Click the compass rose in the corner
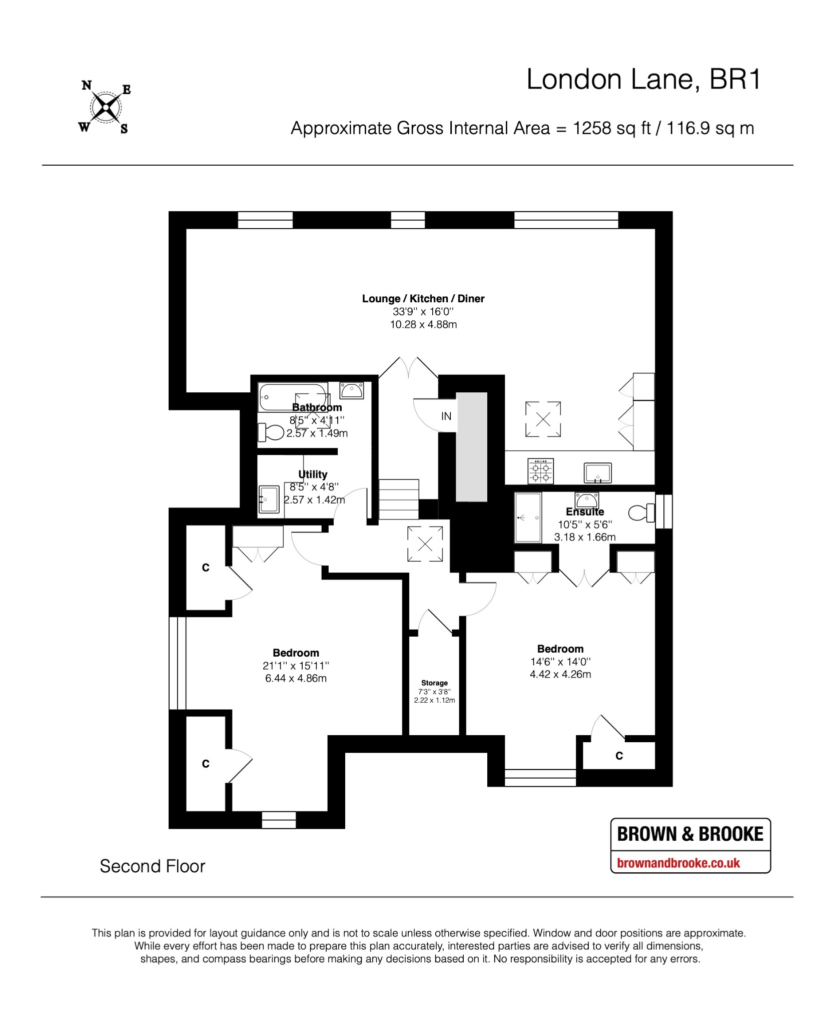106,107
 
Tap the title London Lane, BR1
643,80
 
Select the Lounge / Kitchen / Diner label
423,299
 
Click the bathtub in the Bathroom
293,397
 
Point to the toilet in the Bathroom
271,431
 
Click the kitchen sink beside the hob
598,472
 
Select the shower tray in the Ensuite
528,518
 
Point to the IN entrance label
446,416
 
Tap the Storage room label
434,683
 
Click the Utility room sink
269,499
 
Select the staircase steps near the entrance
398,499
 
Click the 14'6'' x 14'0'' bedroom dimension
560,662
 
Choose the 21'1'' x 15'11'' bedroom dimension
296,666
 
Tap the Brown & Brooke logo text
690,834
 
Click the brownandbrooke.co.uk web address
678,863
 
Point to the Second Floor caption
153,866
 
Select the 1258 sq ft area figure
611,128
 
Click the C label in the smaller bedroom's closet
619,756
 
